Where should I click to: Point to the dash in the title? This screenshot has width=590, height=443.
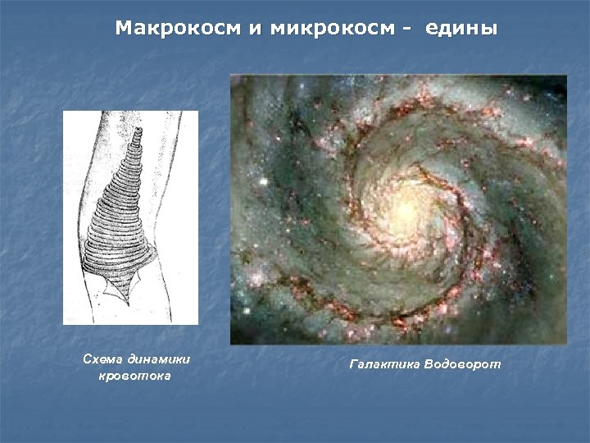[x=406, y=30]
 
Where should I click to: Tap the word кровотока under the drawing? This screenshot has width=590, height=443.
[x=134, y=377]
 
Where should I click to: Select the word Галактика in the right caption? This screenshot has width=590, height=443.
[x=384, y=363]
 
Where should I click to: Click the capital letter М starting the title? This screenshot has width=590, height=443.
[x=123, y=29]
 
